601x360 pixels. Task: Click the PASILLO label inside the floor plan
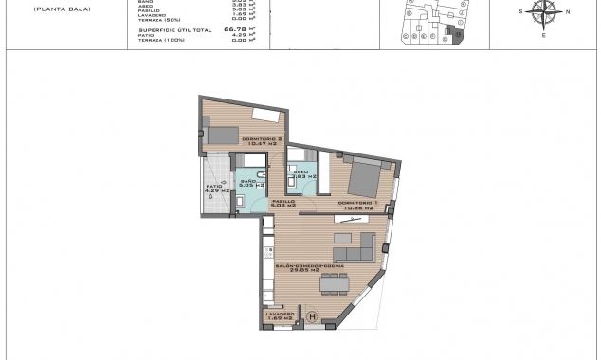284,202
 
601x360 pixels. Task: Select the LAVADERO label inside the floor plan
277,314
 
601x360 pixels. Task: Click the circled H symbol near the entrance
314,317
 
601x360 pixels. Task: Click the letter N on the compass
567,11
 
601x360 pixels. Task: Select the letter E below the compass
545,34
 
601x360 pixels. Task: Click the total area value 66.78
228,29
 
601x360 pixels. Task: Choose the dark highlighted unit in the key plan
458,35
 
